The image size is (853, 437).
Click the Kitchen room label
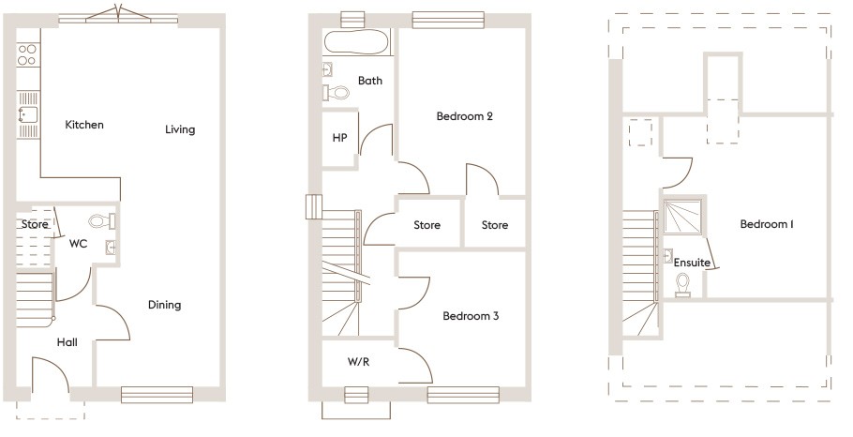[84, 125]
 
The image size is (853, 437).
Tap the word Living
[180, 129]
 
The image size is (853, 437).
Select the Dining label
[164, 305]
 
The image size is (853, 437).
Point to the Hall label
[67, 342]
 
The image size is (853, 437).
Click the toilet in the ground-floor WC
[102, 221]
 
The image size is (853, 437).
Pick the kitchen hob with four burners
[27, 54]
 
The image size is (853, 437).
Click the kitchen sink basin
[27, 114]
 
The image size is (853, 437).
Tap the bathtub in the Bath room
[357, 42]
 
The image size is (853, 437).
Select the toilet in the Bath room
[337, 93]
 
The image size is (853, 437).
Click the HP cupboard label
[339, 138]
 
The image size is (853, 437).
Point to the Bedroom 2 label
[465, 116]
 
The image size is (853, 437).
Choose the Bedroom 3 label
[471, 316]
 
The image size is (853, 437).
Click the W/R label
[358, 361]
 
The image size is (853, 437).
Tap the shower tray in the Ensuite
[682, 217]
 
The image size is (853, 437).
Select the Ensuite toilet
[682, 285]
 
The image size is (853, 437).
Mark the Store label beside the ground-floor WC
[35, 224]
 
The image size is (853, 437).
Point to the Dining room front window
[157, 395]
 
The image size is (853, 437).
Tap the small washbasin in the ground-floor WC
[112, 248]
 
